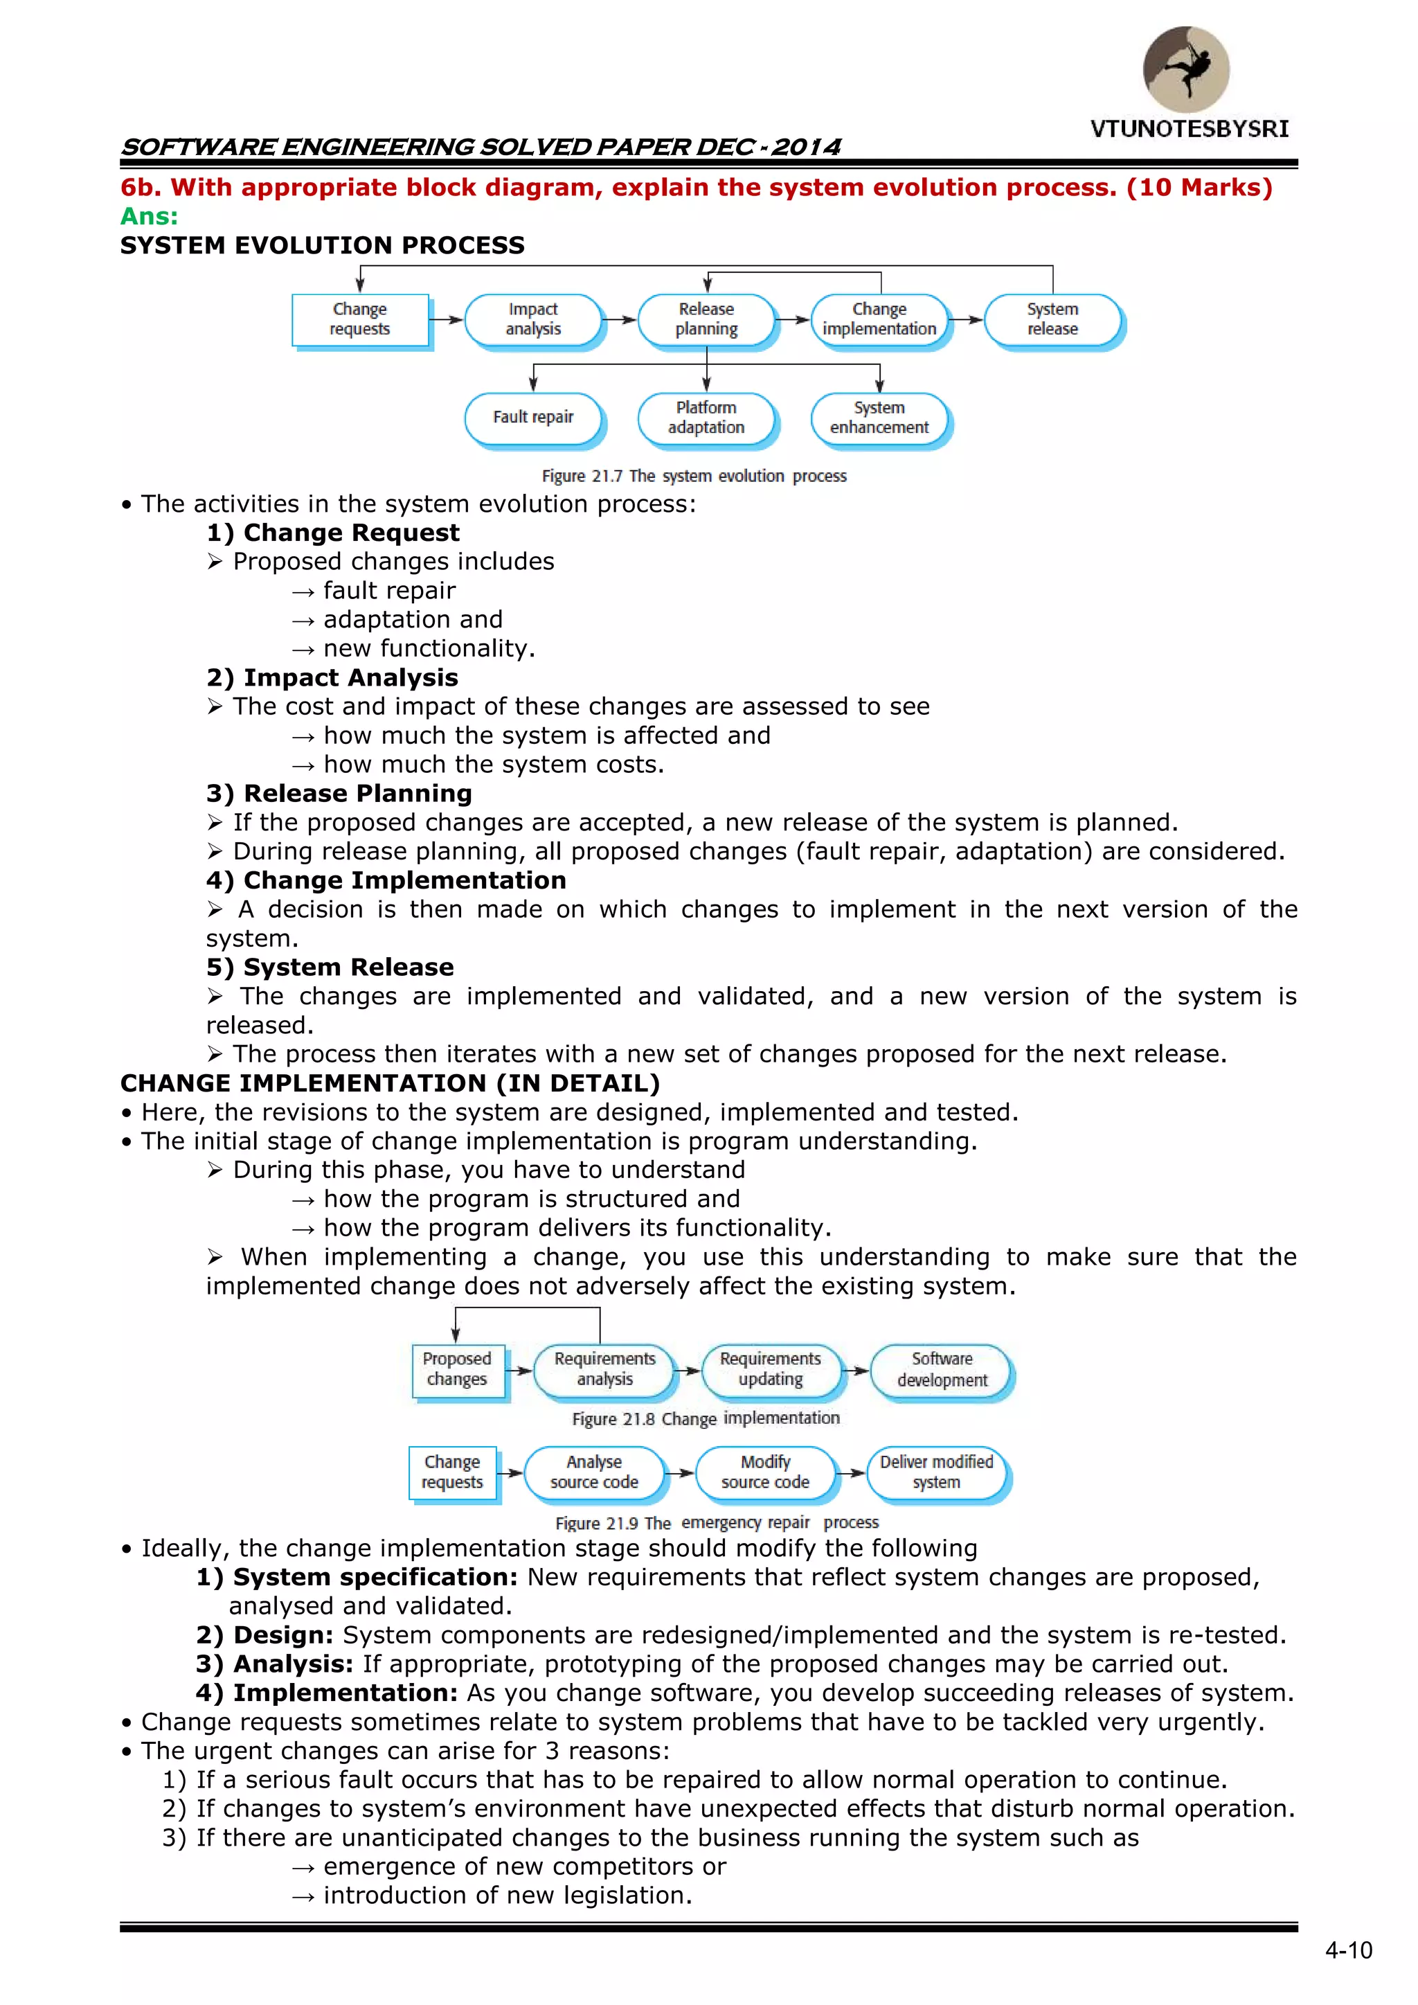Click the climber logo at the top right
click(x=1186, y=69)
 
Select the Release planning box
click(x=706, y=319)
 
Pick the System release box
click(x=1052, y=319)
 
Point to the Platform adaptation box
click(x=706, y=418)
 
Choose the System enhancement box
click(x=879, y=418)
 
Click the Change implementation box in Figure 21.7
click(x=879, y=319)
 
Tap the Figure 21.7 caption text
click(x=694, y=476)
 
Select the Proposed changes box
click(x=457, y=1369)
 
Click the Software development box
click(x=942, y=1369)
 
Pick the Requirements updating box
click(x=770, y=1369)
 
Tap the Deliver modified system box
click(x=937, y=1472)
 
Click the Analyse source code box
click(x=594, y=1472)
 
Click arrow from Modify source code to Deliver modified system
click(x=852, y=1473)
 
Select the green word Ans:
click(x=150, y=217)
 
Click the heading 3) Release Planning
click(x=340, y=794)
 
